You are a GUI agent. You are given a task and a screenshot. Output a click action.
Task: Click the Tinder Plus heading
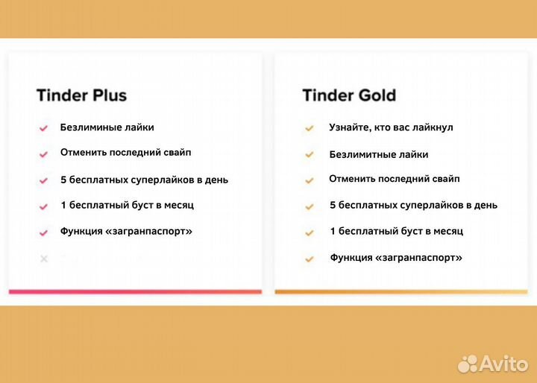pos(81,95)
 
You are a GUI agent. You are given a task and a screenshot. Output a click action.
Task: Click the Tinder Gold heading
pos(349,95)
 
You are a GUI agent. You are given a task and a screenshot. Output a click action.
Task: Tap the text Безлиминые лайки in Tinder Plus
pos(107,127)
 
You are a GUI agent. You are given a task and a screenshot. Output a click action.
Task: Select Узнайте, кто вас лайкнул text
pos(391,127)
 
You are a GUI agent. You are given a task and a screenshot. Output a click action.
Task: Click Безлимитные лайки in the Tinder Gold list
pos(379,154)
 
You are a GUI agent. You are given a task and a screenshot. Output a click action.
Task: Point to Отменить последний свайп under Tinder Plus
pos(125,153)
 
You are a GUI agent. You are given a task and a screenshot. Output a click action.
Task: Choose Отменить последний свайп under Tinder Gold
pos(394,179)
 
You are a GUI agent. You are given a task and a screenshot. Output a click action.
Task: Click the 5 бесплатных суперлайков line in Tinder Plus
pos(144,180)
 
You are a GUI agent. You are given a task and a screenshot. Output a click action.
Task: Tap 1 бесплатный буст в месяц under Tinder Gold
pos(396,231)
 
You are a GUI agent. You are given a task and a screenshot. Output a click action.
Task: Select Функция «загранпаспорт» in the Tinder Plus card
pos(126,231)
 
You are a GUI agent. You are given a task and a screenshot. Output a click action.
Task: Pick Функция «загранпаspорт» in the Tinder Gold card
pos(396,258)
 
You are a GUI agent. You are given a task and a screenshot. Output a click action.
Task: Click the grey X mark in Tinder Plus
pos(44,259)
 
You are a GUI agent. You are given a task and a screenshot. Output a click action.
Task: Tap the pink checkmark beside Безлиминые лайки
pos(44,128)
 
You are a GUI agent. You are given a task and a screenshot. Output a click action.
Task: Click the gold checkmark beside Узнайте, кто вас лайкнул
pos(309,128)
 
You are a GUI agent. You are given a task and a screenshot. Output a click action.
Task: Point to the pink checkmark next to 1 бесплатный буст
pos(44,206)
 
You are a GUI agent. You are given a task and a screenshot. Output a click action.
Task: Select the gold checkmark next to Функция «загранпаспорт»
pos(309,259)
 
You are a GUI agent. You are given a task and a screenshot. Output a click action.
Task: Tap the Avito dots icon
pos(468,363)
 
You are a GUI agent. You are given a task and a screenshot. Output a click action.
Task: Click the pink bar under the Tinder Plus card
pos(135,291)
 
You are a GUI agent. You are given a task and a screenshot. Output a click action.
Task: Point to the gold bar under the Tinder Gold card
pos(401,291)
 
